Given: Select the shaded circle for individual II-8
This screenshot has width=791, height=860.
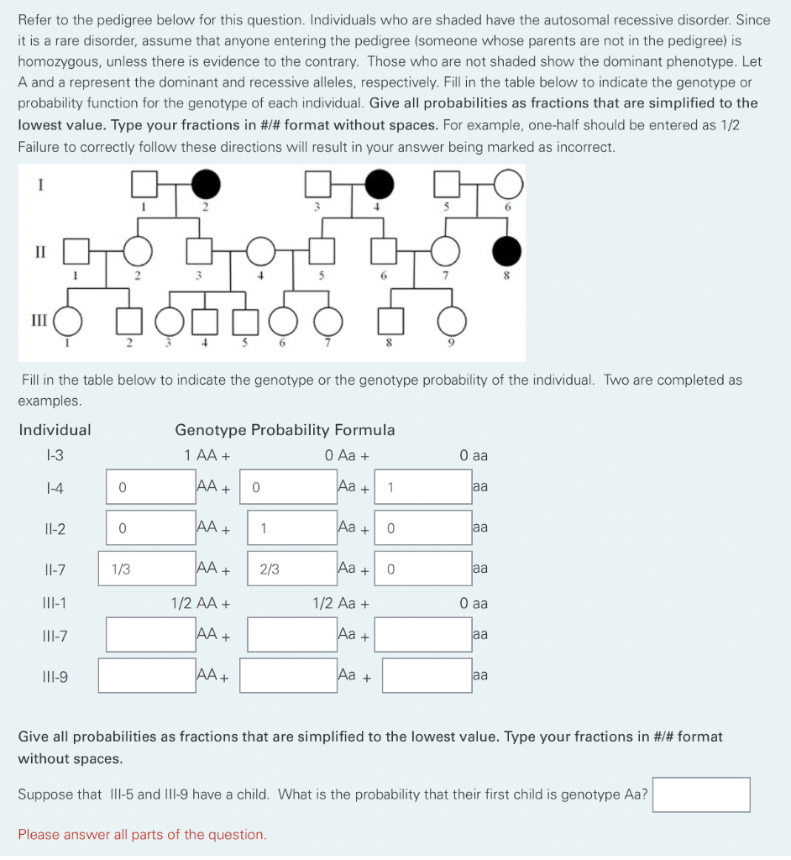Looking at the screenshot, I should [x=506, y=250].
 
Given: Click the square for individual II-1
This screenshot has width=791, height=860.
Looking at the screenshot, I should [x=76, y=250].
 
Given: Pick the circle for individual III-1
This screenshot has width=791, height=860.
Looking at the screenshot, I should [x=69, y=320].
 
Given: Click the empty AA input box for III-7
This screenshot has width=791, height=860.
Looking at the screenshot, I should [x=150, y=634].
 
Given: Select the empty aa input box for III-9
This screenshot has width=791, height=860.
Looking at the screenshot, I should [x=427, y=675].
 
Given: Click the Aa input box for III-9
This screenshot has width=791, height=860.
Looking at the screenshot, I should [x=287, y=675].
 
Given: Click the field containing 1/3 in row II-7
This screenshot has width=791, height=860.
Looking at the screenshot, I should [x=148, y=569].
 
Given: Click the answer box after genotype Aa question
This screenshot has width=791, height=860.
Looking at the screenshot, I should [x=700, y=794].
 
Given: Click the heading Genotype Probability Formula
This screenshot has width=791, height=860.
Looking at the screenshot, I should [x=285, y=430].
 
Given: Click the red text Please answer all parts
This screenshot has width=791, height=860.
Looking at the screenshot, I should [x=143, y=834].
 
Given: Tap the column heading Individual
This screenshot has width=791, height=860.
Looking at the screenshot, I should [x=55, y=430].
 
